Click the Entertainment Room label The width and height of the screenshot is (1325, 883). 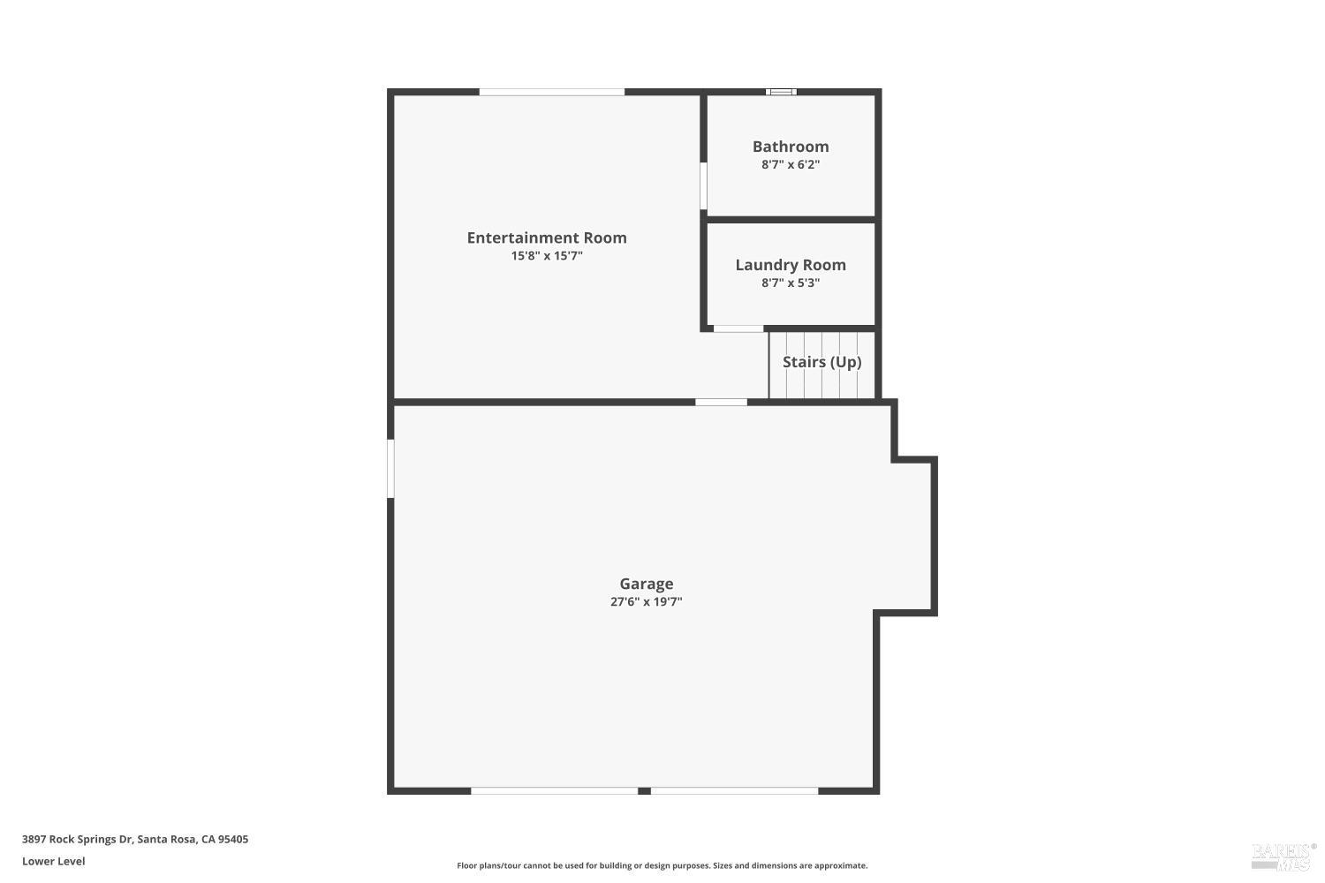coord(547,238)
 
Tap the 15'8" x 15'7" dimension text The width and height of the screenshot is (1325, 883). coord(547,256)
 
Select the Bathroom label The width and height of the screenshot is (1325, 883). coord(791,147)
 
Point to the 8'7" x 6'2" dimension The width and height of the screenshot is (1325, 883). coord(791,164)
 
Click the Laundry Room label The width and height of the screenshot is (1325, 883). coord(791,265)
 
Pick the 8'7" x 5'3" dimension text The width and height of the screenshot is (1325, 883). coord(791,283)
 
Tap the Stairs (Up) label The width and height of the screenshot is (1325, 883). coord(821,362)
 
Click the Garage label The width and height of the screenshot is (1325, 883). coord(647,584)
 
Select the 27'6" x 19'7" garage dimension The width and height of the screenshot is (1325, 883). coord(647,602)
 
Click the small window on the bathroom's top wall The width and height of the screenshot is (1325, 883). coord(781,92)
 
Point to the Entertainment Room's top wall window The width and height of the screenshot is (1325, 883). coord(551,92)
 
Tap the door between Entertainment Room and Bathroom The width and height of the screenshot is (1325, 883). coord(703,185)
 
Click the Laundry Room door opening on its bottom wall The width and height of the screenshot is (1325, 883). coord(738,328)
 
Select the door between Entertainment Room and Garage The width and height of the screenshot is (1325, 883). coord(721,403)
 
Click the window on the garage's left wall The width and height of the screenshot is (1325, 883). coord(390,468)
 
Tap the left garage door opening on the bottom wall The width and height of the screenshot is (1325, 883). coord(554,790)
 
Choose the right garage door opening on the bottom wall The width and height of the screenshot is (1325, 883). coord(734,790)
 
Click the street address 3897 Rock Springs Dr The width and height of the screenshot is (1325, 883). coord(135,839)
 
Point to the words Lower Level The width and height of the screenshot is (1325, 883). coord(54,861)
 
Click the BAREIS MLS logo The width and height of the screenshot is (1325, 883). coord(1283,855)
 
